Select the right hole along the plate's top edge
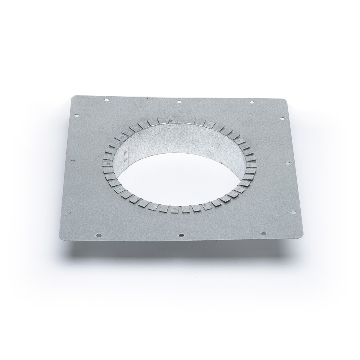point(252,103)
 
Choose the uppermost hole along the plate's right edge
point(282,119)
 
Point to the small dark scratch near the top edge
point(147,98)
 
